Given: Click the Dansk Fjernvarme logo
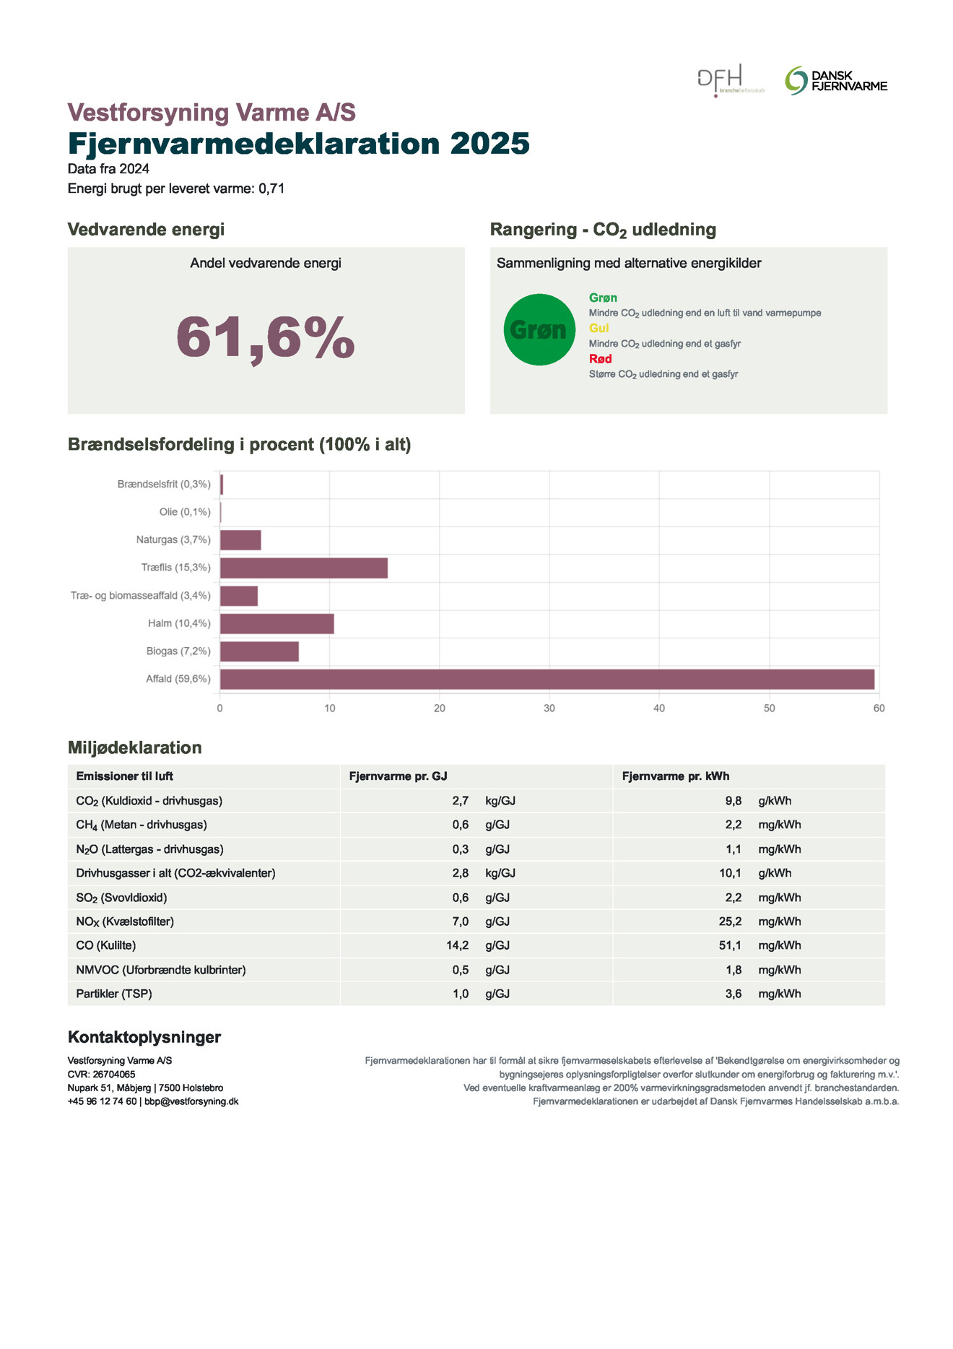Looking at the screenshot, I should pyautogui.click(x=835, y=81).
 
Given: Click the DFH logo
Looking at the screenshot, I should pyautogui.click(x=730, y=80).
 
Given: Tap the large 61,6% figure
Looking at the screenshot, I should pyautogui.click(x=266, y=337).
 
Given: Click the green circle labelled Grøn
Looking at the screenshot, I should pyautogui.click(x=539, y=330).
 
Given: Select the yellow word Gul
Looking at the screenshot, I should pyautogui.click(x=599, y=328).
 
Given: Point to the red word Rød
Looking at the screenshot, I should pyautogui.click(x=600, y=359).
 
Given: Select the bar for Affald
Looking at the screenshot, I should pyautogui.click(x=547, y=680).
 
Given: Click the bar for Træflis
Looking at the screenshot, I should pyautogui.click(x=303, y=568).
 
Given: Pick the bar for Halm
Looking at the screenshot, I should pyautogui.click(x=277, y=624).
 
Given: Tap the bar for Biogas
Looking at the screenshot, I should pyautogui.click(x=259, y=651).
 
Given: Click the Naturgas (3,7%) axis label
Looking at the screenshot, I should pyautogui.click(x=173, y=540).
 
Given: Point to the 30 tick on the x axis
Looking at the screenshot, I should pyautogui.click(x=549, y=708).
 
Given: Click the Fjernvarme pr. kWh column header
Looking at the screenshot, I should pyautogui.click(x=675, y=776).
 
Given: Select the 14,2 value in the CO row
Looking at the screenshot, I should pyautogui.click(x=457, y=945).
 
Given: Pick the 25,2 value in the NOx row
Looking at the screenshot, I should pyautogui.click(x=730, y=921).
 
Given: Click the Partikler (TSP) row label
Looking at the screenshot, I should pyautogui.click(x=114, y=994).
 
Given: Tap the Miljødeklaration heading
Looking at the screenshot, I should pyautogui.click(x=135, y=747).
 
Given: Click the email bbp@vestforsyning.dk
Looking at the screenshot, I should pyautogui.click(x=191, y=1101).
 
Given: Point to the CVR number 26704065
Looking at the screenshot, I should pyautogui.click(x=113, y=1075).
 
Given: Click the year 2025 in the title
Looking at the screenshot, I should pyautogui.click(x=489, y=144).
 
